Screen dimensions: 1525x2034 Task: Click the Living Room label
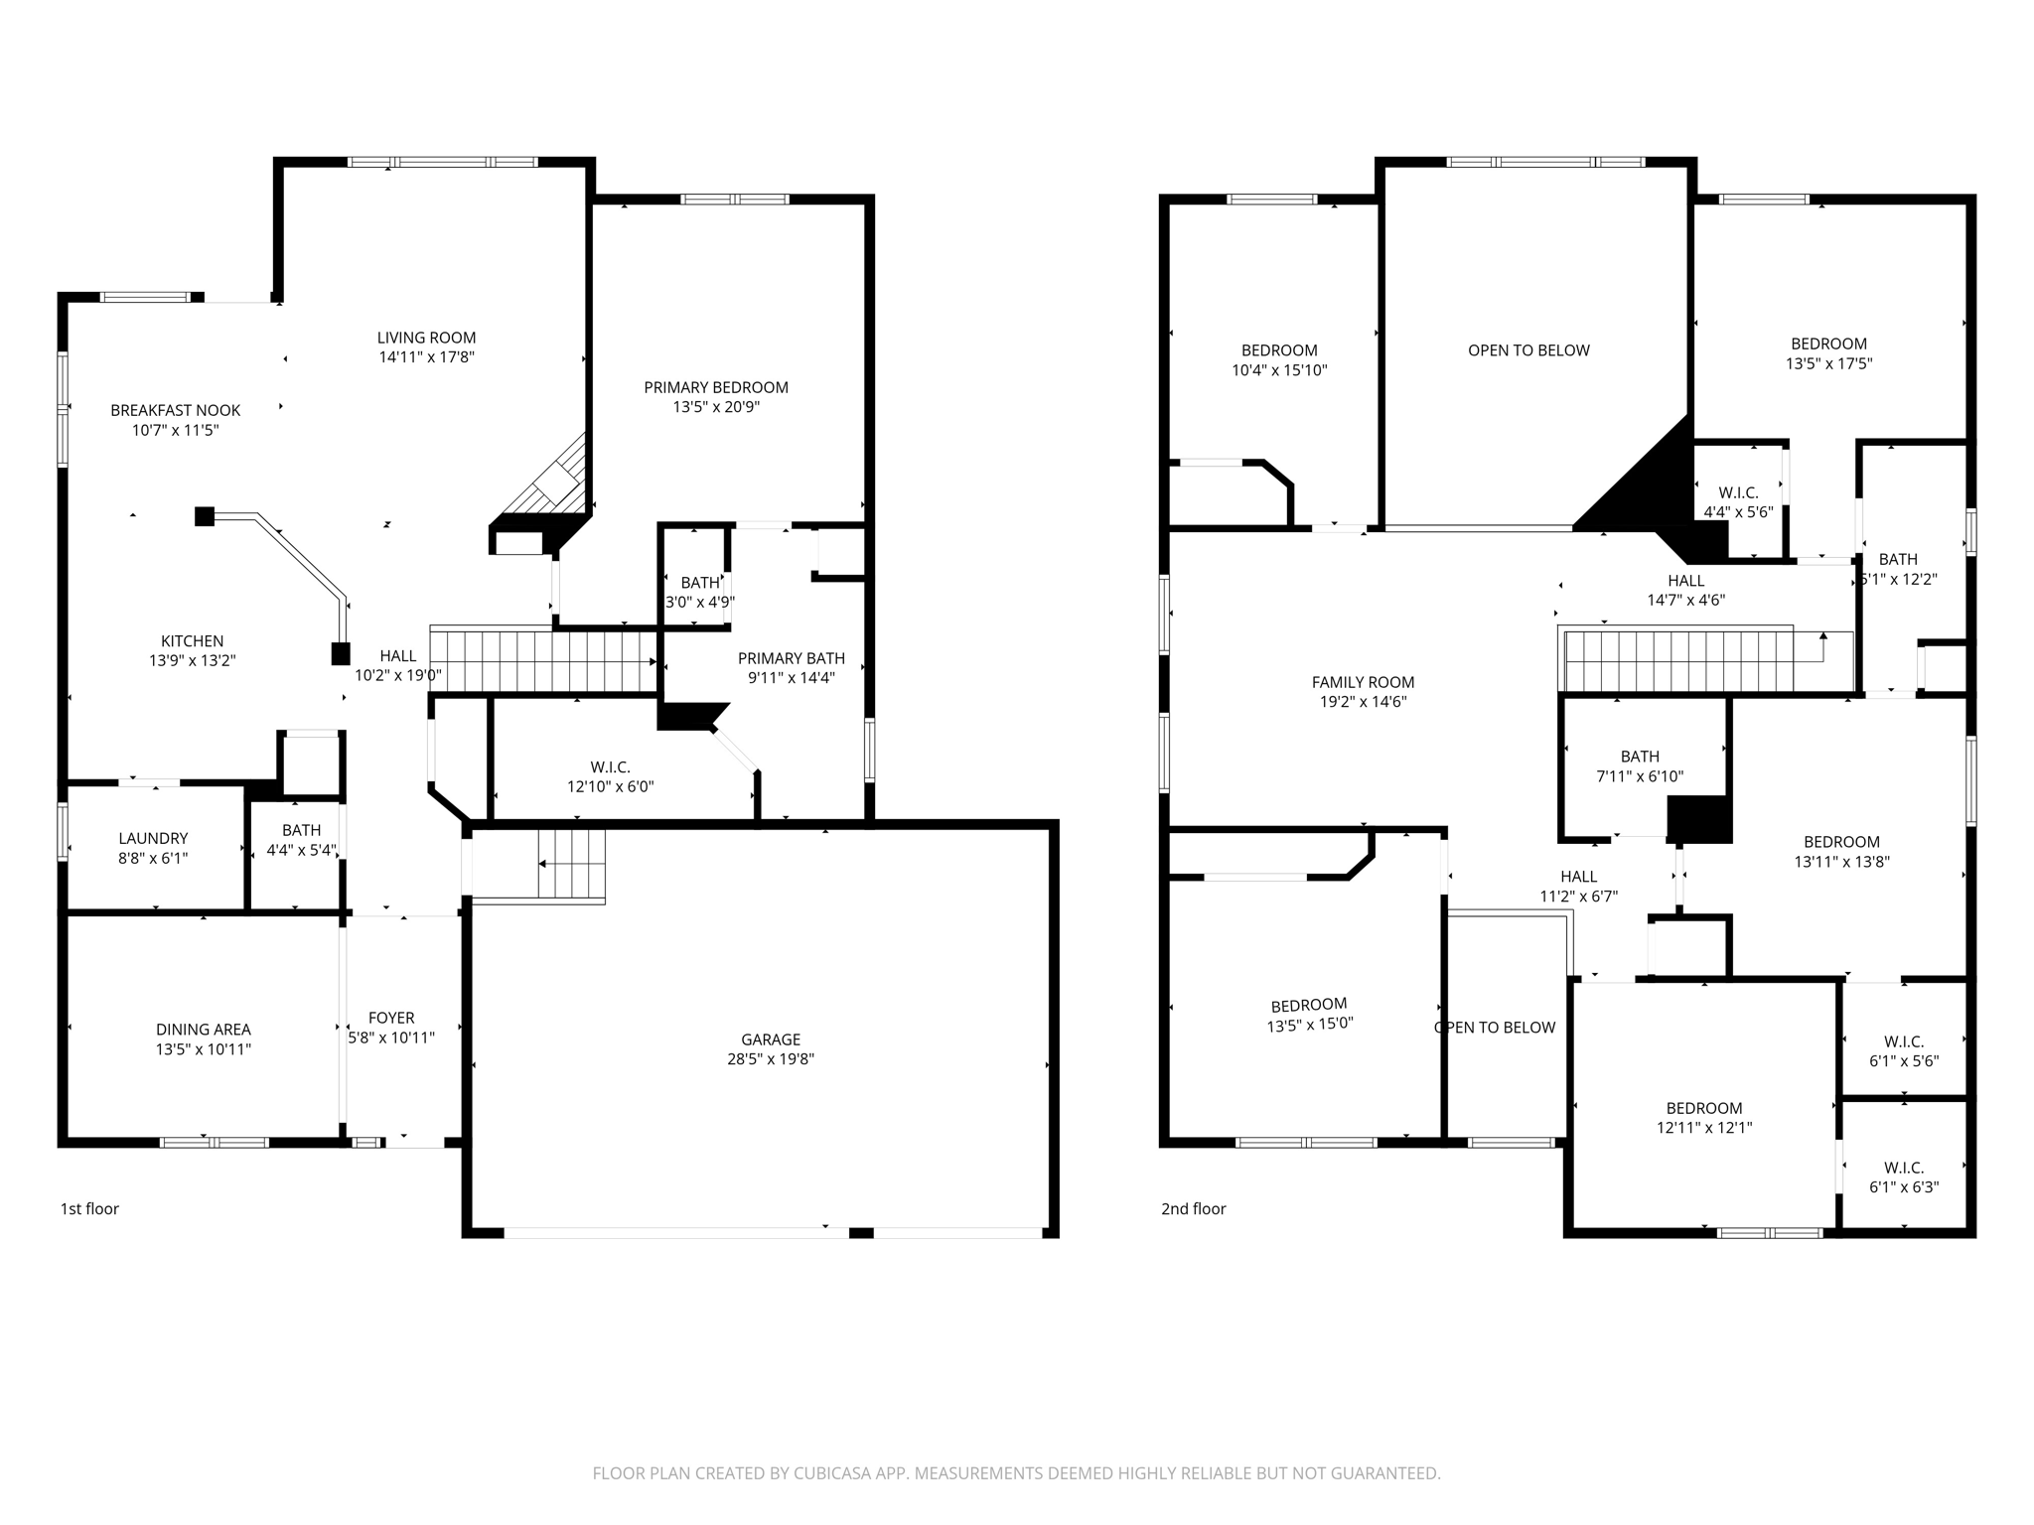coord(426,338)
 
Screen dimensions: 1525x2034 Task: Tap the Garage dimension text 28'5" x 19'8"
coord(771,1059)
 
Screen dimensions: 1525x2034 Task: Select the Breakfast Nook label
coord(175,410)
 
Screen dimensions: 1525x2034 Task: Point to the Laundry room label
coord(153,838)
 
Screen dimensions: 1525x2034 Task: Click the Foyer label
coord(391,1018)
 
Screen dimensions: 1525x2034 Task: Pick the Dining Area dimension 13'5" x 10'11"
coord(203,1049)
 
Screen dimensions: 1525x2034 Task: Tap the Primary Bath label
coord(791,658)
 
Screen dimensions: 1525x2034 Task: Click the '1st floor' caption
coord(89,1208)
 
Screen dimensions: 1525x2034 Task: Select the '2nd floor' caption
coord(1193,1208)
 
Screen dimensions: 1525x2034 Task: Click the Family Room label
coord(1363,682)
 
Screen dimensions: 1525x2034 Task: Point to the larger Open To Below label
coord(1528,350)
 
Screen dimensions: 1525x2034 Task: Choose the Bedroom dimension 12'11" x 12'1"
coord(1704,1128)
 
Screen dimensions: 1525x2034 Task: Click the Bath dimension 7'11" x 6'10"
coord(1640,776)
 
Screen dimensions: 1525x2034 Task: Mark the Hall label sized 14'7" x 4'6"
coord(1685,581)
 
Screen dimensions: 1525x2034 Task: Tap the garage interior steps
coord(572,864)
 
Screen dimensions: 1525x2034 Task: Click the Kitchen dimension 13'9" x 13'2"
coord(192,661)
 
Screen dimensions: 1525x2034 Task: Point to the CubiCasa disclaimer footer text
coord(1016,1473)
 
